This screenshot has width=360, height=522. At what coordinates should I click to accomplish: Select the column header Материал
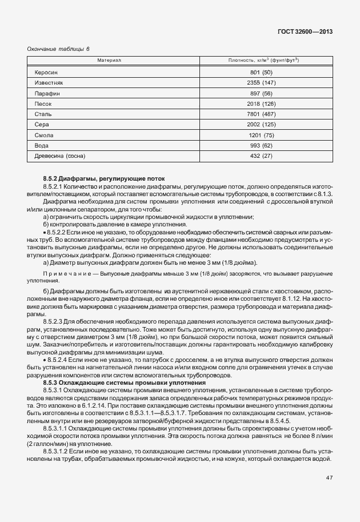pos(109,60)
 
